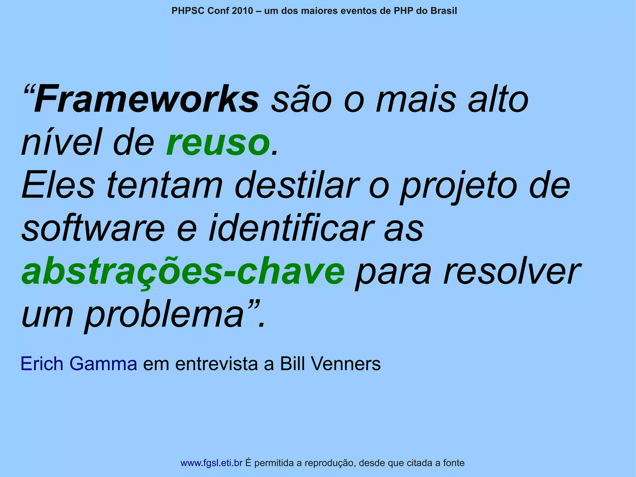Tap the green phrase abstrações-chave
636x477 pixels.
(183, 272)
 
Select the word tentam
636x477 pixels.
(165, 186)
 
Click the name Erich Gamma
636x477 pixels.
(79, 364)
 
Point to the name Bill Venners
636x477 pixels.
(330, 364)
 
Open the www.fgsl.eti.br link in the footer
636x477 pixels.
(211, 463)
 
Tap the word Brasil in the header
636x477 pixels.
(443, 11)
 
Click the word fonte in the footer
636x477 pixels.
(454, 463)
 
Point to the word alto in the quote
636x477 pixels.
(498, 99)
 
